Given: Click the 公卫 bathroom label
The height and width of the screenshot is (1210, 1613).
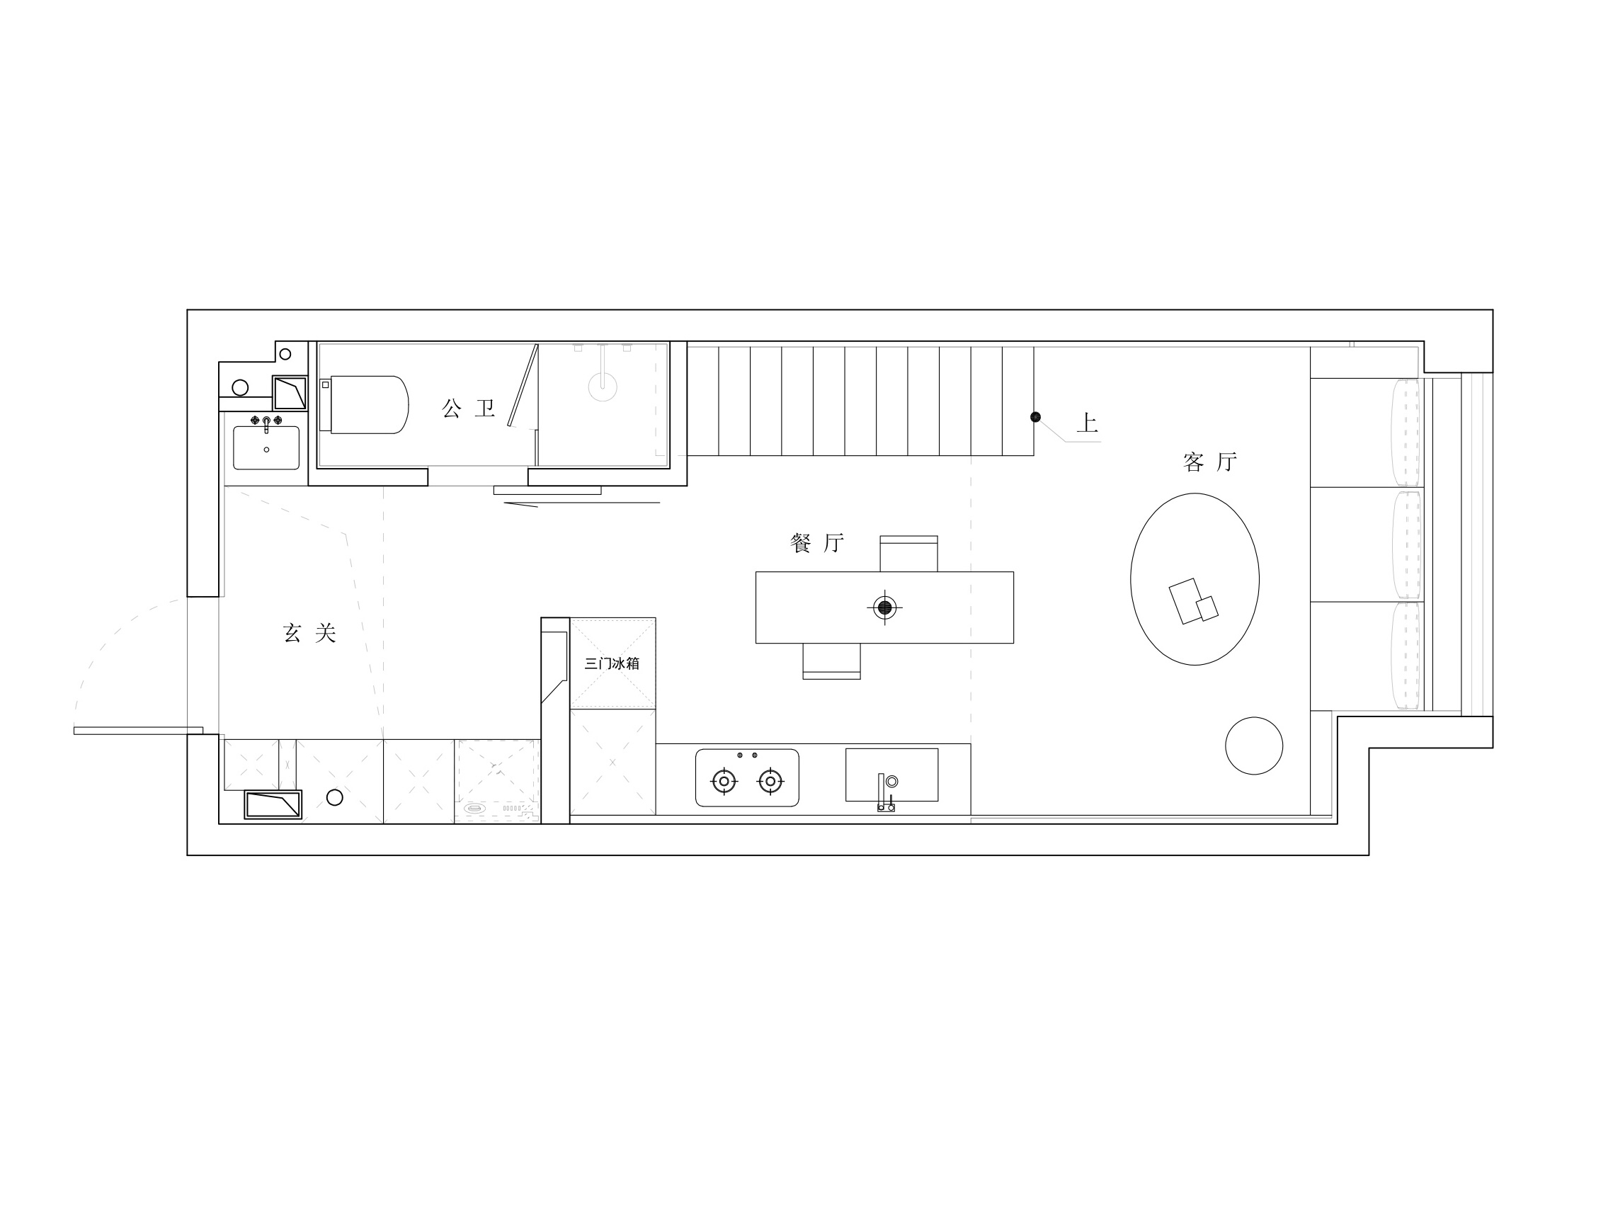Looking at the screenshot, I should [468, 409].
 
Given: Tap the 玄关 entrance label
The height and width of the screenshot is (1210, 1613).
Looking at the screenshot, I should [309, 633].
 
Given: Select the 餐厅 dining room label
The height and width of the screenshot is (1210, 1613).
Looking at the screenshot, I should [816, 543].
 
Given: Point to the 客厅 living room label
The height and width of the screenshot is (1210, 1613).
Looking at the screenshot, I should [1209, 462].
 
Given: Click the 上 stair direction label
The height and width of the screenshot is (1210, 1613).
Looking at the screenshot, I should [1086, 423].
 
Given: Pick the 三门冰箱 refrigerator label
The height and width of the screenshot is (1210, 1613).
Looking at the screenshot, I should [612, 663].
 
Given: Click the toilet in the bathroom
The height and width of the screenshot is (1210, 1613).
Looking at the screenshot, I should [368, 405].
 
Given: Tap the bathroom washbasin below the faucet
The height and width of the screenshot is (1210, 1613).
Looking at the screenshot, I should [266, 449].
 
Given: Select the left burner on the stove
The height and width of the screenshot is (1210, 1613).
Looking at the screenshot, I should [724, 781].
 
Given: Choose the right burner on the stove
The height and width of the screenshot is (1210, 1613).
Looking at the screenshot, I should [770, 781].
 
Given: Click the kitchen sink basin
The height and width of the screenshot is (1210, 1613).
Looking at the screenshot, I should [891, 775].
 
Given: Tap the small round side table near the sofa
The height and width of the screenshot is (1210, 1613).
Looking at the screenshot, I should [1253, 746].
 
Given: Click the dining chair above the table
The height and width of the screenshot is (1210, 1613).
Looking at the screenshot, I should [908, 554].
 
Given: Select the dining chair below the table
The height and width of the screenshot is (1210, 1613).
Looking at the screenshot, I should [831, 661].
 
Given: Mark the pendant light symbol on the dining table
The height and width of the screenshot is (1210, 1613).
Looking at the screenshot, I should [884, 607].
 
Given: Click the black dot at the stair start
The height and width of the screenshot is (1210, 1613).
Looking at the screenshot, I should [1035, 417].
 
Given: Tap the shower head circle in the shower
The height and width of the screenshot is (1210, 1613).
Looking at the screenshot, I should [603, 387].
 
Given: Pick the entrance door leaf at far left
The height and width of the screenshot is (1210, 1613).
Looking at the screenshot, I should [138, 730].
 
